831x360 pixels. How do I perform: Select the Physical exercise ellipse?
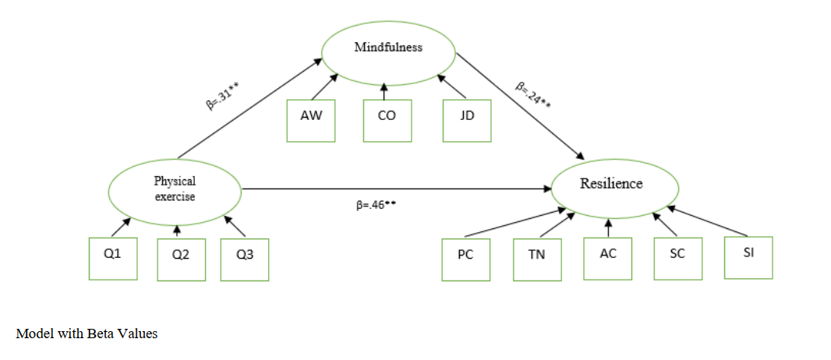175,189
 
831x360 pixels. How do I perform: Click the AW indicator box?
311,119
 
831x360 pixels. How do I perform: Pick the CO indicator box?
387,119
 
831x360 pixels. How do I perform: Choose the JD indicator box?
466,119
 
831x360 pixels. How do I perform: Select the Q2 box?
182,257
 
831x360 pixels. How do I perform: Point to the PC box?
466,257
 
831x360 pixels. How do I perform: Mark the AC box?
608,256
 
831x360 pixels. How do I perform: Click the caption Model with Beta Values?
87,334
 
